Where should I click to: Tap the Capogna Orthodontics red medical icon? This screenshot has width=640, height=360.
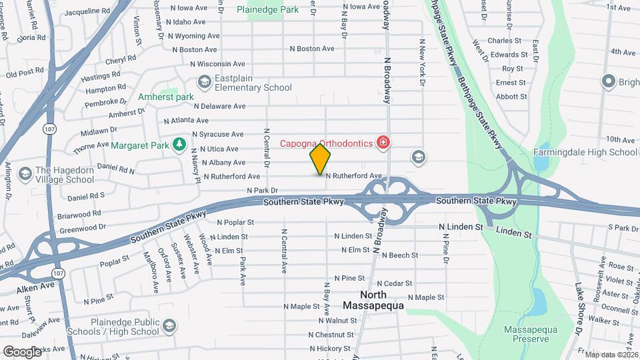383,142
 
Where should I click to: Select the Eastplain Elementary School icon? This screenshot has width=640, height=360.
205,81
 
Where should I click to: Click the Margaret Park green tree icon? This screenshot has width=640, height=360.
178,145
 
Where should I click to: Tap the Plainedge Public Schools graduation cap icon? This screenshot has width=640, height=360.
169,326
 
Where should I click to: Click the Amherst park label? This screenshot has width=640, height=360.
165,97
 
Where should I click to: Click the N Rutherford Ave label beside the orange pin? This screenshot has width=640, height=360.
353,176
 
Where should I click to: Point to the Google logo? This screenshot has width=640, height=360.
22,351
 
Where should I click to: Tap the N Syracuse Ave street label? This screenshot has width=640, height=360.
218,134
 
